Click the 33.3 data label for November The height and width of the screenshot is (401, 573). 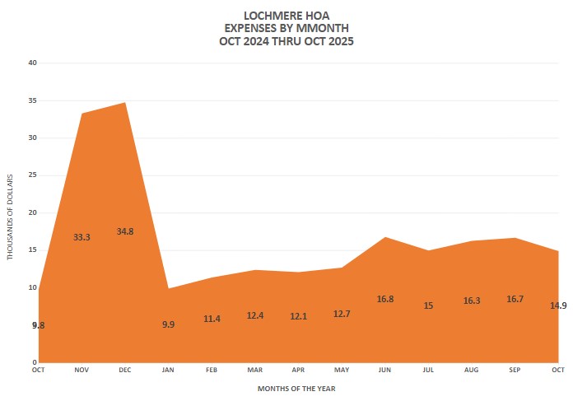pos(82,237)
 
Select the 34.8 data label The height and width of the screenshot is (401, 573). pos(125,231)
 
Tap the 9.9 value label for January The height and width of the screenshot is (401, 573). pos(168,324)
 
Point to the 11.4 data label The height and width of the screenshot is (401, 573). pos(212,319)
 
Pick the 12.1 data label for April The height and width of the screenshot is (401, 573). pos(298,316)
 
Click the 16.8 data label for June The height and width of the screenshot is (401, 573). pos(384,299)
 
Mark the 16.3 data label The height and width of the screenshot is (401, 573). pos(471,301)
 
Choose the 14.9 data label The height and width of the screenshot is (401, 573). pos(557,305)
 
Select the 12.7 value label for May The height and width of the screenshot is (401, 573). pos(341,314)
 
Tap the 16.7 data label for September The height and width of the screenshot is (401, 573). pos(515,299)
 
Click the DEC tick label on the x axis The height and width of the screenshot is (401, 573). pos(125,371)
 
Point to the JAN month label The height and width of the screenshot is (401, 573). pos(168,371)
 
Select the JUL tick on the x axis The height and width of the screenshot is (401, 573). pos(428,371)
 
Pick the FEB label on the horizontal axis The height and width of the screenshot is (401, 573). pos(212,371)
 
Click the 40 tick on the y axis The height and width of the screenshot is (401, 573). pos(32,63)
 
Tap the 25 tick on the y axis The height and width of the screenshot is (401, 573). pos(32,175)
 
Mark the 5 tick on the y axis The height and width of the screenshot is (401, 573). pos(34,325)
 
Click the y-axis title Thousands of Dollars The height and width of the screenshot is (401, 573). pos(11,217)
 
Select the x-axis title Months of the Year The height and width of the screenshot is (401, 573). pos(297,387)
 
